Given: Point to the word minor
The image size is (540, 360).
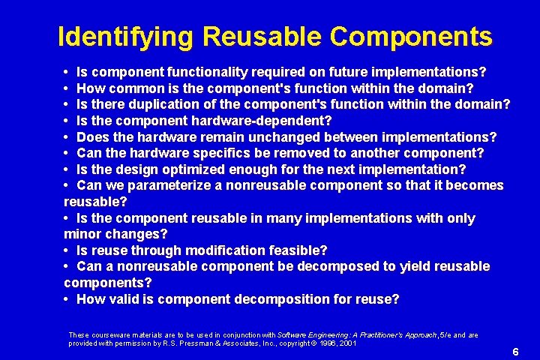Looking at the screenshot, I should pos(85,234).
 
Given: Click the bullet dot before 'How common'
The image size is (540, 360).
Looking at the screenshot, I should pos(67,88).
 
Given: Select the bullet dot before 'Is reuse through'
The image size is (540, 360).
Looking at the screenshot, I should pos(67,250).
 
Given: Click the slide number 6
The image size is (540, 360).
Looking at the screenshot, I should pos(515,352).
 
